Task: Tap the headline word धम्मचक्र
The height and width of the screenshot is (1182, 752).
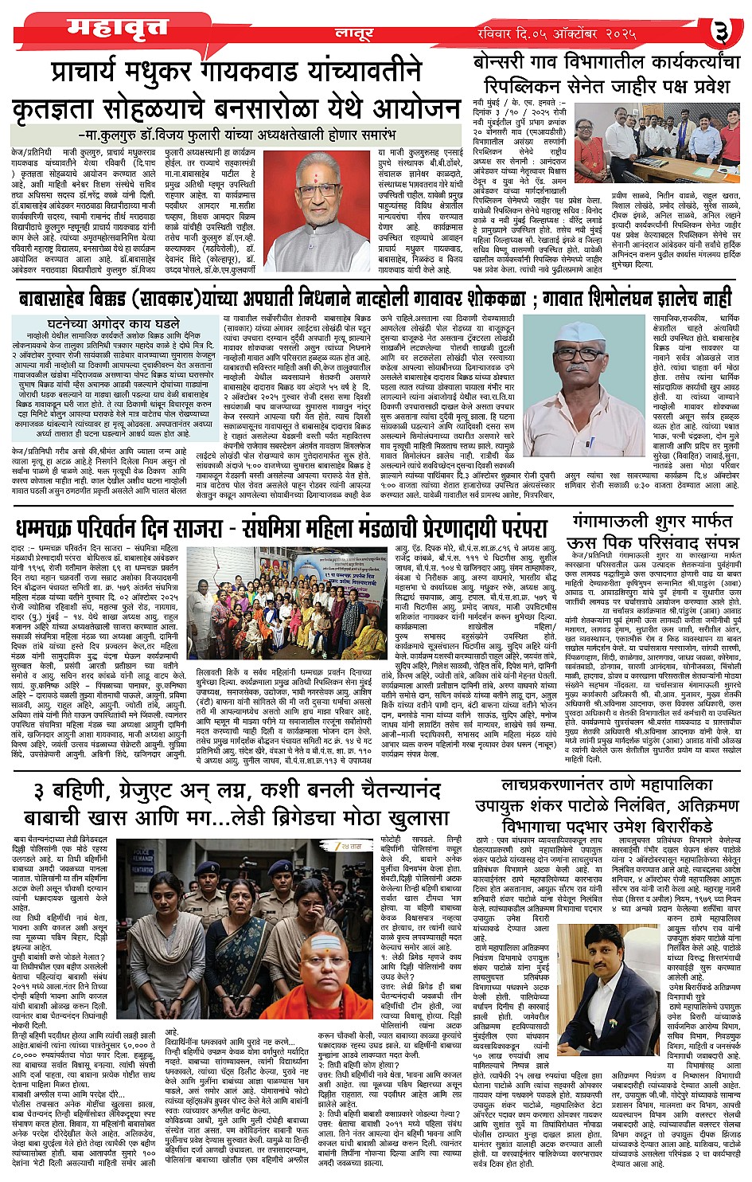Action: [54, 530]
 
